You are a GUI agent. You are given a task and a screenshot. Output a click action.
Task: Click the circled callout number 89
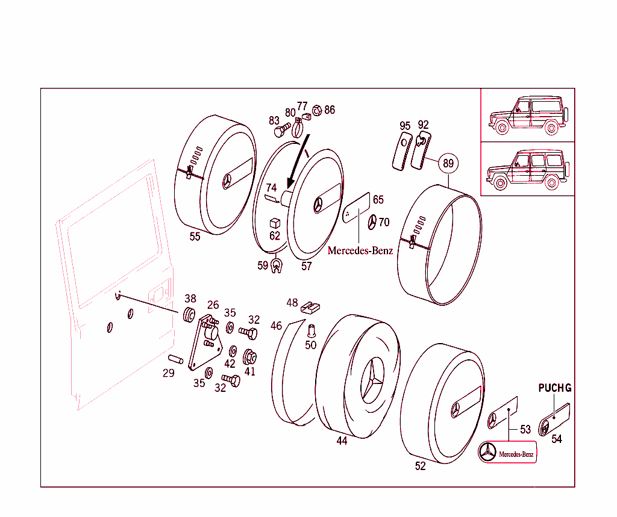[x=448, y=163]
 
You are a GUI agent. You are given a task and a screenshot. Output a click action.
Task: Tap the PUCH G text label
[x=554, y=388]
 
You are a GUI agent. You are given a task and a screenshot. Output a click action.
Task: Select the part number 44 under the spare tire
[x=342, y=441]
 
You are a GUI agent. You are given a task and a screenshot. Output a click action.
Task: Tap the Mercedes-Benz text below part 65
[x=360, y=251]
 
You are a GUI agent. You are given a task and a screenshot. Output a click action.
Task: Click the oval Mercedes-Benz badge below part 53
[x=507, y=453]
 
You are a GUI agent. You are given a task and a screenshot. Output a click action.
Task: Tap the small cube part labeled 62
[x=274, y=223]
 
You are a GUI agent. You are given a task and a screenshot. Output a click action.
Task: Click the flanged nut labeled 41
[x=248, y=357]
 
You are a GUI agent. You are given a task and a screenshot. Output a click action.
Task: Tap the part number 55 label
[x=195, y=237]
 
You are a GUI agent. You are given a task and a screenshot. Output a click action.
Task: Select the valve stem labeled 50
[x=312, y=330]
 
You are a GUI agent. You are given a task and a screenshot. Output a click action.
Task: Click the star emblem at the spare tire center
[x=373, y=382]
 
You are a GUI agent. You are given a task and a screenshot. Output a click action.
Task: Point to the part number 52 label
[x=420, y=465]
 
